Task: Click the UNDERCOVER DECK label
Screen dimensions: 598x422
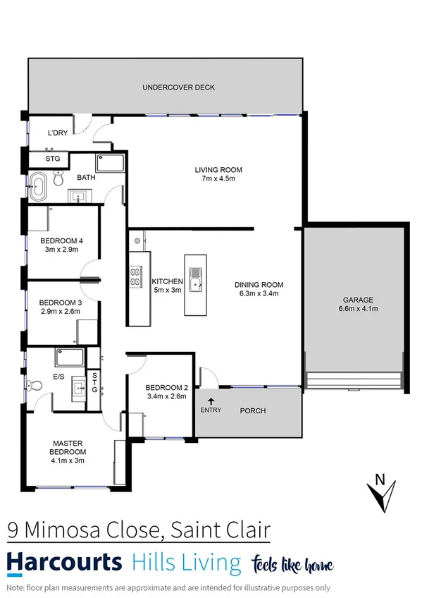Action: [x=178, y=87]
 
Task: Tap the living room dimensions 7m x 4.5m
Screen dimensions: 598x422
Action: [x=218, y=179]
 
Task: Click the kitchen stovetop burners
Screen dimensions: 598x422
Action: [x=135, y=276]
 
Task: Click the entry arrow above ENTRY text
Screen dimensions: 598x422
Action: [x=209, y=401]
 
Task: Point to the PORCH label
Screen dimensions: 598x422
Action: [x=252, y=410]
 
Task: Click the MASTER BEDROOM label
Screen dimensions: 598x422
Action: [x=68, y=447]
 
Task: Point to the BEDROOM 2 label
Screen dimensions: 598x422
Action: [x=166, y=388]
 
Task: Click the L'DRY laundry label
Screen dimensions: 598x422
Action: [x=58, y=133]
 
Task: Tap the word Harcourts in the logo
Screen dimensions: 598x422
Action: [x=64, y=563]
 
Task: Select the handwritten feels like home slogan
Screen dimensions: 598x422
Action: [x=292, y=563]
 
